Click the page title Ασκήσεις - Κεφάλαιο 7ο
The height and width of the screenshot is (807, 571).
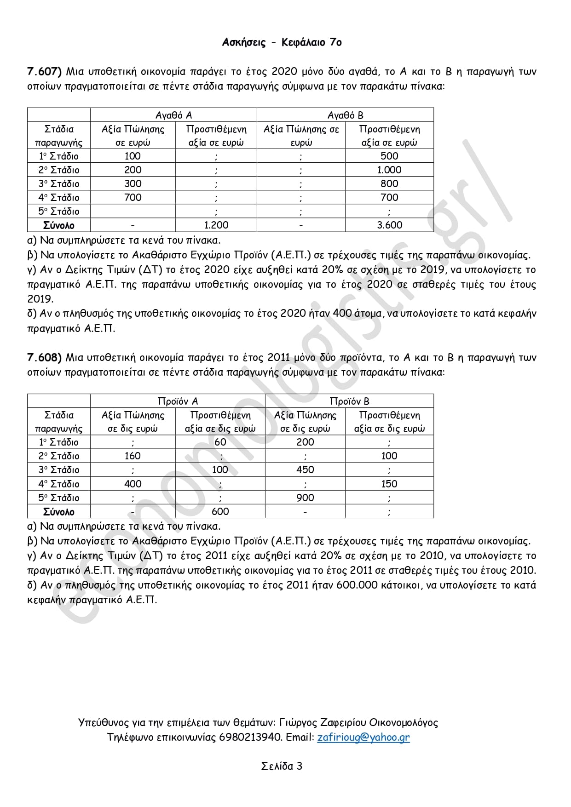pos(282,42)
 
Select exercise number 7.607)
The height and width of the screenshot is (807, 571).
pos(44,71)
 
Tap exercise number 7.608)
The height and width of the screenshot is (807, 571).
pos(44,357)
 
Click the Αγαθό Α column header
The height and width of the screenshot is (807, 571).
pos(173,115)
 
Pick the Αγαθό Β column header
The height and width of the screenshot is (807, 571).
pos(345,115)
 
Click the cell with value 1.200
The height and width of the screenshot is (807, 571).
pos(216,225)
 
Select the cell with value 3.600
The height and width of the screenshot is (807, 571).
pos(389,225)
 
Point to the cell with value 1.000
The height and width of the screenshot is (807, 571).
pos(389,170)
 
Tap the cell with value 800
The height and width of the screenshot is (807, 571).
pos(389,183)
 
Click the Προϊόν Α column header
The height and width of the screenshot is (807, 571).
pos(178,401)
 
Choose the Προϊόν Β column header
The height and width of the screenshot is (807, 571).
pos(349,401)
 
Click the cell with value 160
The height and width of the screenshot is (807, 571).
pos(133,456)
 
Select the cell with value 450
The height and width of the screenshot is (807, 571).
pos(305,469)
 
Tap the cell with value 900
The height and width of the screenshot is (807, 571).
pos(305,498)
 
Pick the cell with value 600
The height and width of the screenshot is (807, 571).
pos(220,511)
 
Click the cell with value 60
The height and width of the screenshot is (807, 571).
pos(220,442)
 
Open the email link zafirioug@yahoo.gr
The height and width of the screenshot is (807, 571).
pos(363,737)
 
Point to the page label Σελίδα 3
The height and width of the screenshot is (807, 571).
pos(282,766)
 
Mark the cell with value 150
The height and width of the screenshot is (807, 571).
pos(389,484)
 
